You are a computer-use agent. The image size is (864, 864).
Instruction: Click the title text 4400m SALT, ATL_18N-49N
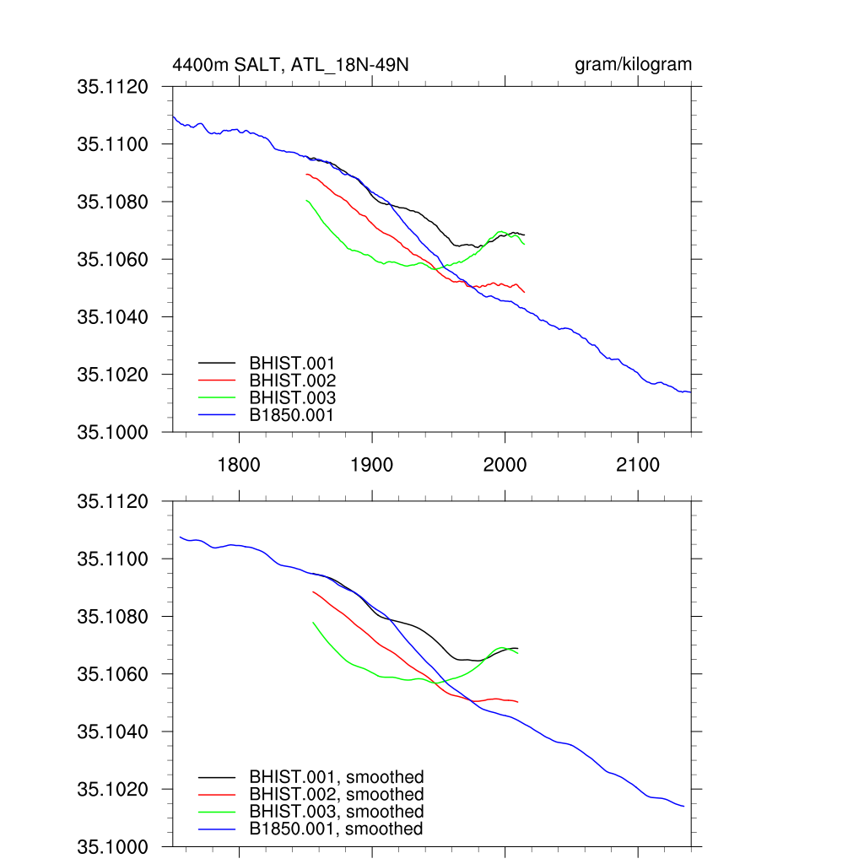tap(290, 65)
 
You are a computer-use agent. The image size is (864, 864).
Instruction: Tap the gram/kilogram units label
tap(633, 64)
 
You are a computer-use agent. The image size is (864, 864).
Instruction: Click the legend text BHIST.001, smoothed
tap(336, 777)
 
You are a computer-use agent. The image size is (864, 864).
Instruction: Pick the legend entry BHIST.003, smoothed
tap(336, 812)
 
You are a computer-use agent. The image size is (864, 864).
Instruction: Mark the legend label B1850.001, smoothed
tap(336, 829)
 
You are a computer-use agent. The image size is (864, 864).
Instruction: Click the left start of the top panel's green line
tap(306, 200)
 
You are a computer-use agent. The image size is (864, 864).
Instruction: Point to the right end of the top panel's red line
tap(525, 292)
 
